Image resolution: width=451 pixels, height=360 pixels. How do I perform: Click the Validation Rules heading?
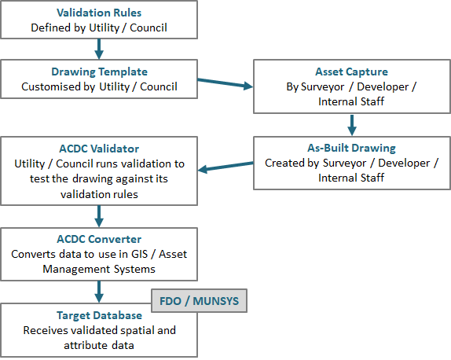(x=99, y=13)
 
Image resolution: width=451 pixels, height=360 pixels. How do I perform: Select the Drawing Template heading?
(x=99, y=72)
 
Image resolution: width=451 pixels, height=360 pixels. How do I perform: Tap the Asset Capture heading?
(x=351, y=72)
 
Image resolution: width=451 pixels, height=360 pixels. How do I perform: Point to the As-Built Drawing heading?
(x=351, y=148)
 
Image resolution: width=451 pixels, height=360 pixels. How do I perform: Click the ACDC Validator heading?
(x=99, y=149)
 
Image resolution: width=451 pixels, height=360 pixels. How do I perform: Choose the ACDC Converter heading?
(x=99, y=239)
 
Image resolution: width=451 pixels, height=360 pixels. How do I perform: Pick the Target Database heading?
(x=99, y=315)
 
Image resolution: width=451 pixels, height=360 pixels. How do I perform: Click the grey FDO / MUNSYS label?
(x=199, y=301)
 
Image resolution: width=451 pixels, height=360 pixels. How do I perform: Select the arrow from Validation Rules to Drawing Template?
(x=99, y=49)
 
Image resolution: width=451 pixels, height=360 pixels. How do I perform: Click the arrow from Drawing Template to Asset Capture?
(x=225, y=83)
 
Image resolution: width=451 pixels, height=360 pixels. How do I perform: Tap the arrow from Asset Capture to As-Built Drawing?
(x=352, y=125)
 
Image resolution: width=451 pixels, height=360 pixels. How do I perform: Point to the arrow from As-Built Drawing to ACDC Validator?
(x=225, y=167)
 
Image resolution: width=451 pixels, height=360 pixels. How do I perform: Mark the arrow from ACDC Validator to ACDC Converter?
(x=99, y=216)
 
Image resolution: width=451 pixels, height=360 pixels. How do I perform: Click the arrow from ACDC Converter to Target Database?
(x=99, y=292)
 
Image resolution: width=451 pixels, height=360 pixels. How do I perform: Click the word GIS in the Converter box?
(x=140, y=254)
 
